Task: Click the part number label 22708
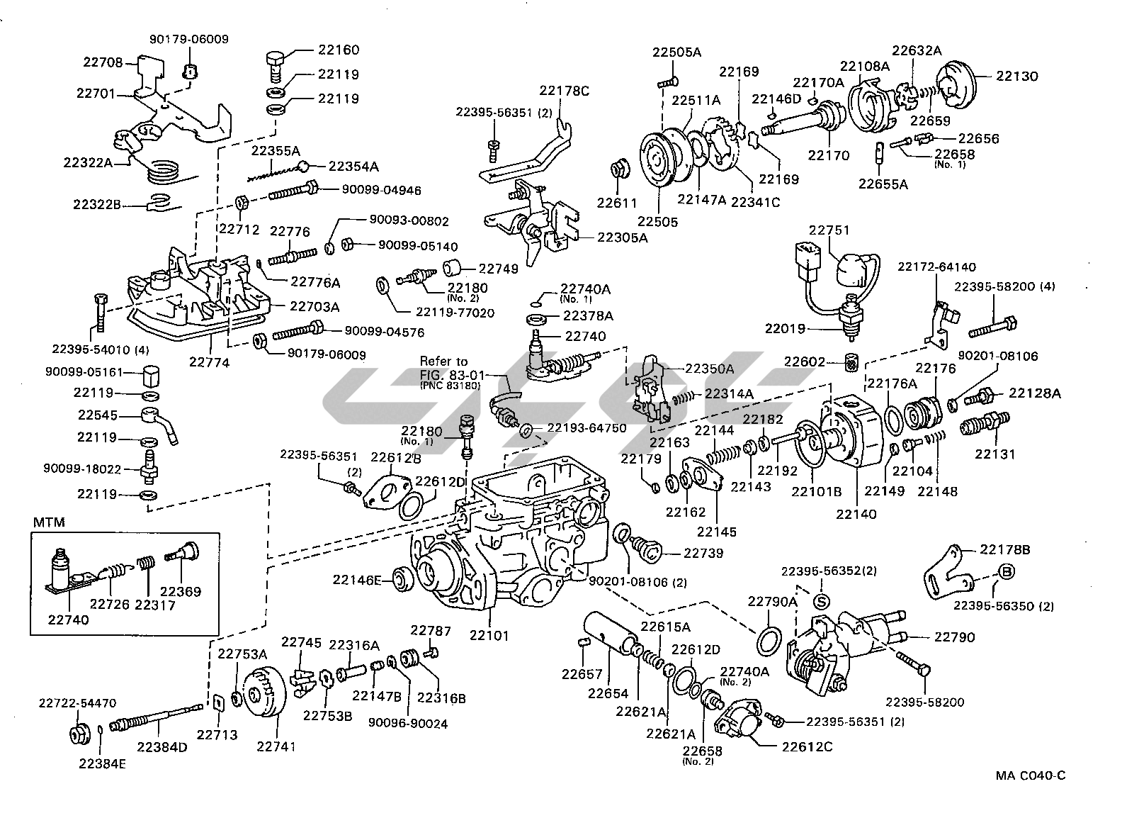[103, 62]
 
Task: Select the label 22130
[1017, 76]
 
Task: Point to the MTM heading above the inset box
[49, 522]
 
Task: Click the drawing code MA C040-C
[1030, 775]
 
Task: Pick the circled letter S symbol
[821, 602]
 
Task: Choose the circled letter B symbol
[1004, 572]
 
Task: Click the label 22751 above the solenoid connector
[829, 230]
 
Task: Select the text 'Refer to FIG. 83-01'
[444, 366]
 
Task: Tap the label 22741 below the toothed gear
[276, 746]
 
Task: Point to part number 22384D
[162, 746]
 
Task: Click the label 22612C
[807, 746]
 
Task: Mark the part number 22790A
[773, 602]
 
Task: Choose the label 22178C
[565, 90]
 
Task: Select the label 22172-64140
[936, 267]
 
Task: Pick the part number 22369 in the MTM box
[180, 591]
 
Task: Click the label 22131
[995, 454]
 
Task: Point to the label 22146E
[357, 581]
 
